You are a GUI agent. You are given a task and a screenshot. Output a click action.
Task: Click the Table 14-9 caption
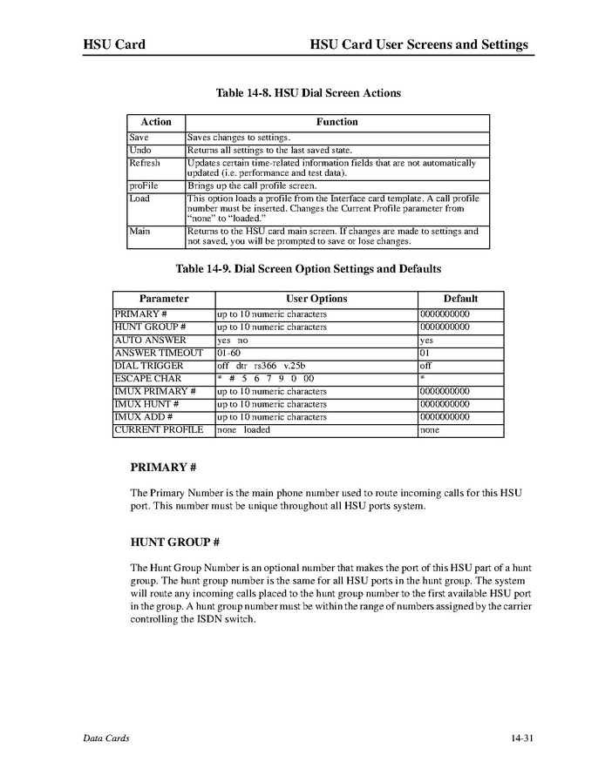[x=308, y=268]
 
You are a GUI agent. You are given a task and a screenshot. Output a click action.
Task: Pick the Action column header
[x=156, y=122]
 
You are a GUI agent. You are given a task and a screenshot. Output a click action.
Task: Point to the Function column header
[x=336, y=122]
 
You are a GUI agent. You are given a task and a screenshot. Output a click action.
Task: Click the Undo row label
[x=139, y=150]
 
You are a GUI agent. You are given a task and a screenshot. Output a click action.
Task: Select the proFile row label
[x=143, y=185]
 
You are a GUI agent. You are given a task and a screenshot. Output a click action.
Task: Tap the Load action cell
[x=139, y=198]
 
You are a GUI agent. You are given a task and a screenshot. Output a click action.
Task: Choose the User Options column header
[x=316, y=299]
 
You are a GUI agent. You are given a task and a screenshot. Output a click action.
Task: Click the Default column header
[x=460, y=299]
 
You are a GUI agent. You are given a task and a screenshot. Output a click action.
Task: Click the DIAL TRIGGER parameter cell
[x=149, y=366]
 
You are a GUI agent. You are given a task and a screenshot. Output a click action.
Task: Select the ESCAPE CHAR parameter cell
[x=148, y=379]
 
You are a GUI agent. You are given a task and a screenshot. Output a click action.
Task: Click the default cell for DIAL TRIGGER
[x=425, y=366]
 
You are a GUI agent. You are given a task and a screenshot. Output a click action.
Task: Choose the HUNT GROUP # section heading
[x=173, y=543]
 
